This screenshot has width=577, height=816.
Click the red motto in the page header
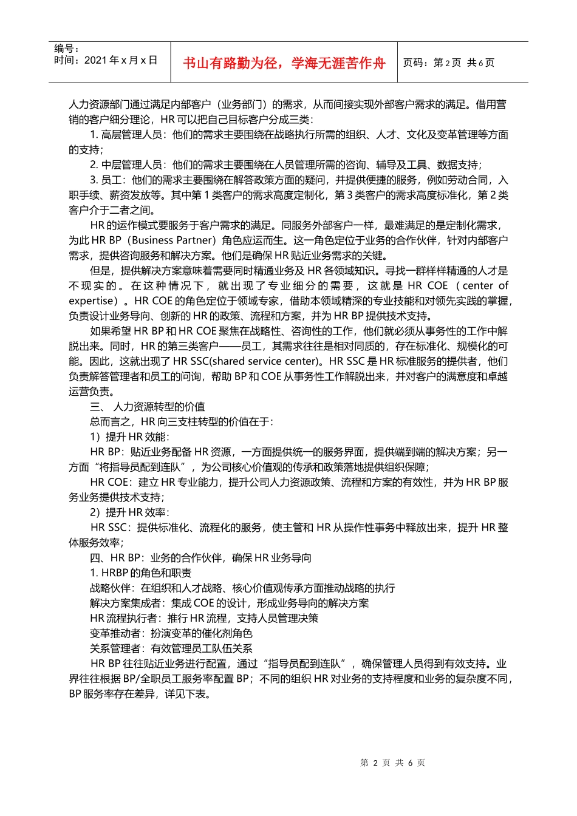coord(284,63)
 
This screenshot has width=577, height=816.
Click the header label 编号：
coord(66,49)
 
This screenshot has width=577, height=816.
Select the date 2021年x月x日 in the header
coord(121,60)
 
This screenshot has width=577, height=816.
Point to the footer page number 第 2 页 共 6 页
coord(392,763)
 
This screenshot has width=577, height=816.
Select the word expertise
coord(92,301)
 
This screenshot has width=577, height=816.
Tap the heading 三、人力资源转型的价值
coord(147,407)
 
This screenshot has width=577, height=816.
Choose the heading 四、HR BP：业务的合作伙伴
coord(200,558)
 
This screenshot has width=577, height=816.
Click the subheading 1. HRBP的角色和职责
coord(140,573)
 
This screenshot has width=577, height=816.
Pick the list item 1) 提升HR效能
coord(129,437)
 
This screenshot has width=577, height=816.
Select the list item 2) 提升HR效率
coord(129,512)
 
